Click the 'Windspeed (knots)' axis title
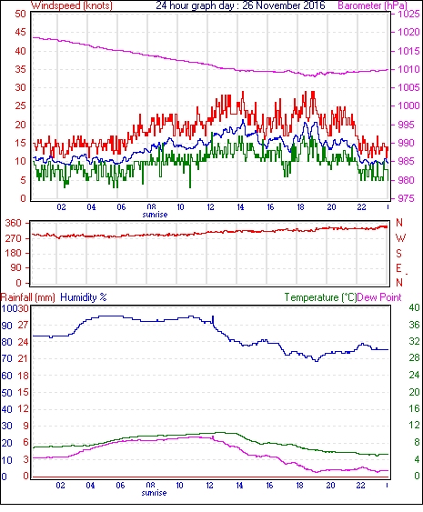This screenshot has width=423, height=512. (72, 5)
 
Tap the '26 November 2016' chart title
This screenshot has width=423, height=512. (284, 5)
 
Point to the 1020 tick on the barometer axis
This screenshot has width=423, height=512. (408, 33)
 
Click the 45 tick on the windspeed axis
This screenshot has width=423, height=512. (21, 33)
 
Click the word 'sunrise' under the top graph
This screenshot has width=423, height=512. (155, 215)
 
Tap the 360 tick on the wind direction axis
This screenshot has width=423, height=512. (14, 224)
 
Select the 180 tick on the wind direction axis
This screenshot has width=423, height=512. (14, 253)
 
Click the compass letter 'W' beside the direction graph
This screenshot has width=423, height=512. (400, 238)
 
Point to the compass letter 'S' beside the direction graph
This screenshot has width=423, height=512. (398, 253)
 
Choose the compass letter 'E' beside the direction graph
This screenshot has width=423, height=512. (398, 268)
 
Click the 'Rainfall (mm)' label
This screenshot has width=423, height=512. (28, 297)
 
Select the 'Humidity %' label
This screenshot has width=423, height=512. (84, 297)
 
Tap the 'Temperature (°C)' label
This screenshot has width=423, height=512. (320, 297)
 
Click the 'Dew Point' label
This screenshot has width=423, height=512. (379, 297)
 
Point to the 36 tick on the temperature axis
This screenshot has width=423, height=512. (415, 325)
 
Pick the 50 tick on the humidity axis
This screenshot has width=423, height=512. (7, 393)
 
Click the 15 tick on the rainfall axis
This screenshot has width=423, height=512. (23, 392)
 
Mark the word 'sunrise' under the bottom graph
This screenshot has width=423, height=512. (154, 493)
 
